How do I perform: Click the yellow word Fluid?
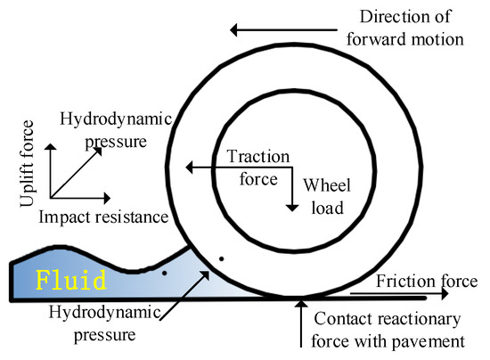(70, 280)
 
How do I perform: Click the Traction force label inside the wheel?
(258, 167)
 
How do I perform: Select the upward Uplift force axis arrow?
(51, 166)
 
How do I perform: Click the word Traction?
(258, 157)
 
